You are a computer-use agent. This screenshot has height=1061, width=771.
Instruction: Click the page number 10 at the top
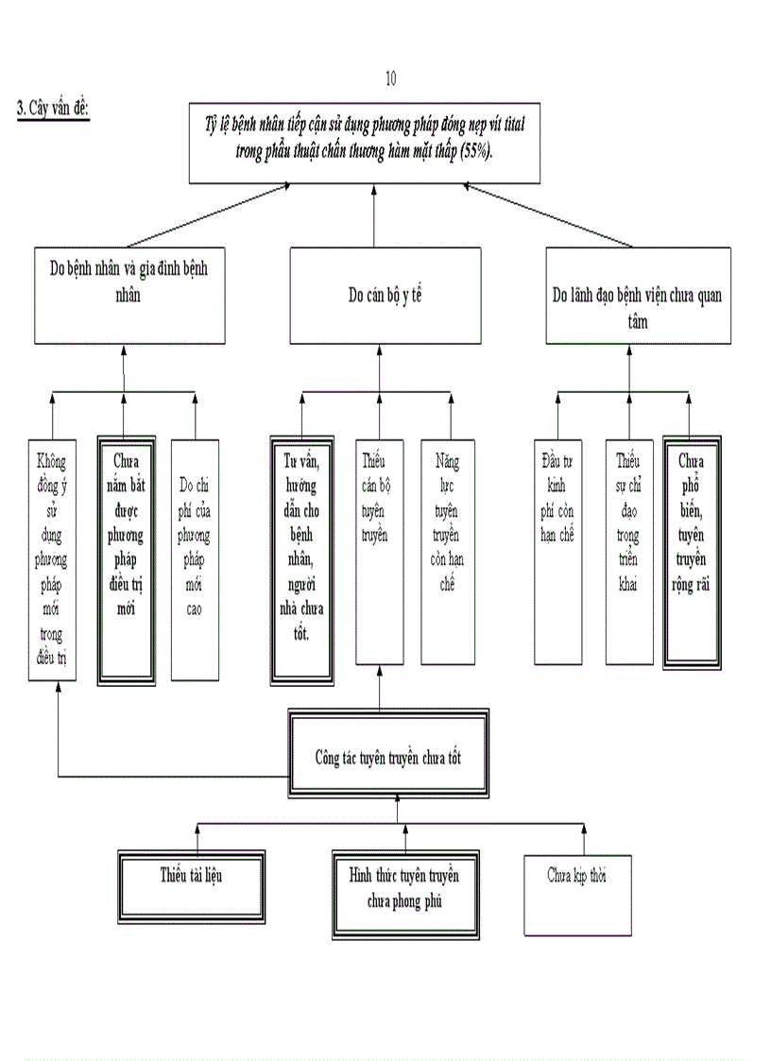pyautogui.click(x=391, y=78)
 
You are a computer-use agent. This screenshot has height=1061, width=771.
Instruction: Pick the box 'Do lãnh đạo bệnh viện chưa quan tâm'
pyautogui.click(x=637, y=295)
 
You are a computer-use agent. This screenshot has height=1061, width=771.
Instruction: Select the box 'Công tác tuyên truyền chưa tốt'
pyautogui.click(x=387, y=757)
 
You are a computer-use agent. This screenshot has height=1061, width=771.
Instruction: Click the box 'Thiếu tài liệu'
pyautogui.click(x=192, y=883)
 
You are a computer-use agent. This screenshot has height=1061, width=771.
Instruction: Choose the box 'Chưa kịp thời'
pyautogui.click(x=577, y=894)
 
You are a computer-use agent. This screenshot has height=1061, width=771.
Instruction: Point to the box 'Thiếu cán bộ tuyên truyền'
pyautogui.click(x=381, y=553)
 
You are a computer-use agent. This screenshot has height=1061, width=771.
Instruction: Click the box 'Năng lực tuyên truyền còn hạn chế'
pyautogui.click(x=448, y=553)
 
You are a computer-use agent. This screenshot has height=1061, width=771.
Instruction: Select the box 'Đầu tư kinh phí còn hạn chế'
pyautogui.click(x=557, y=553)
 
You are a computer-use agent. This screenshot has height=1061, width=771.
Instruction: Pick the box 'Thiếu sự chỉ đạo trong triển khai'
pyautogui.click(x=628, y=553)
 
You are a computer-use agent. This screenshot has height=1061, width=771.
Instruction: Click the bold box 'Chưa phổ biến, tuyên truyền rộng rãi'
pyautogui.click(x=692, y=553)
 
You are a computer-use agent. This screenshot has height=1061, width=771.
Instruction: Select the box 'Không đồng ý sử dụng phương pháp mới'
pyautogui.click(x=52, y=559)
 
